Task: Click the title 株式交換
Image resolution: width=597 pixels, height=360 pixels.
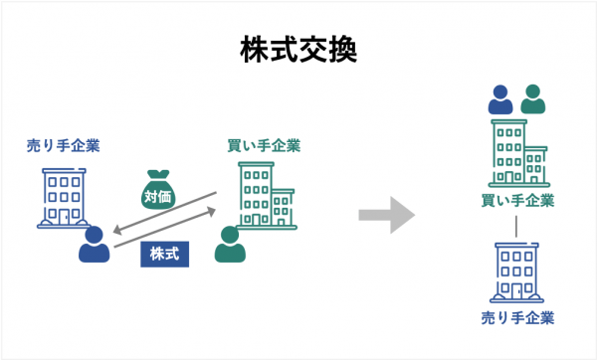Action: (x=298, y=50)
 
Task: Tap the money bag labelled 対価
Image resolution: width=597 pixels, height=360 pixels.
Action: (x=158, y=191)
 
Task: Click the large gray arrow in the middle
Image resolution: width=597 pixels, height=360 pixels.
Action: (x=386, y=214)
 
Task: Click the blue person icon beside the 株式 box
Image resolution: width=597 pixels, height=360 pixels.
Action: (x=96, y=246)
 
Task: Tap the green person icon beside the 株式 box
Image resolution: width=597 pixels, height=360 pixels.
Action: (x=230, y=246)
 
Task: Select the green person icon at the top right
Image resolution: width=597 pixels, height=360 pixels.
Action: (x=534, y=99)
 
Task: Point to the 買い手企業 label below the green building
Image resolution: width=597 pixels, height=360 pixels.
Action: (x=516, y=202)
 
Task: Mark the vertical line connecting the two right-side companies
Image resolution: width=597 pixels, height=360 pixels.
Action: (x=516, y=228)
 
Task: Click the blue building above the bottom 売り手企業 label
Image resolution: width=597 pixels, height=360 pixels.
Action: (x=516, y=272)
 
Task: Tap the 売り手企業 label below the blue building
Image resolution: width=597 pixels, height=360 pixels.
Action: (x=516, y=318)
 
